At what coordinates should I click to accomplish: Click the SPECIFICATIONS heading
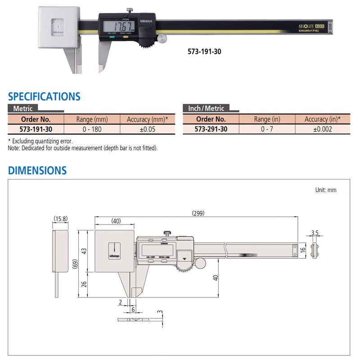(x=44, y=96)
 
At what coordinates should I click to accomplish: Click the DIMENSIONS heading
(x=37, y=171)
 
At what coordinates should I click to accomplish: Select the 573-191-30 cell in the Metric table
(x=36, y=129)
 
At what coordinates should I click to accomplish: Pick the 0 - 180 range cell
(x=92, y=129)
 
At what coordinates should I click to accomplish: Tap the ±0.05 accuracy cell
(x=147, y=129)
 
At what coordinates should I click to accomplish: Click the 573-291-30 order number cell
(x=211, y=129)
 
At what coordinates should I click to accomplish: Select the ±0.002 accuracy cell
(x=322, y=129)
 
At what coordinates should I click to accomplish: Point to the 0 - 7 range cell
(x=266, y=129)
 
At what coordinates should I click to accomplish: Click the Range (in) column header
(x=266, y=119)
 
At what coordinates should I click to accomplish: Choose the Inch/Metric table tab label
(x=206, y=108)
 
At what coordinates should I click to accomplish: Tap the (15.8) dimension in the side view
(x=60, y=219)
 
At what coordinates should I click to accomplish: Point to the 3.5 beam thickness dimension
(x=315, y=233)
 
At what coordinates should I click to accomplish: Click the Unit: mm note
(x=325, y=190)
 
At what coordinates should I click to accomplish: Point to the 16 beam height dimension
(x=303, y=249)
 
